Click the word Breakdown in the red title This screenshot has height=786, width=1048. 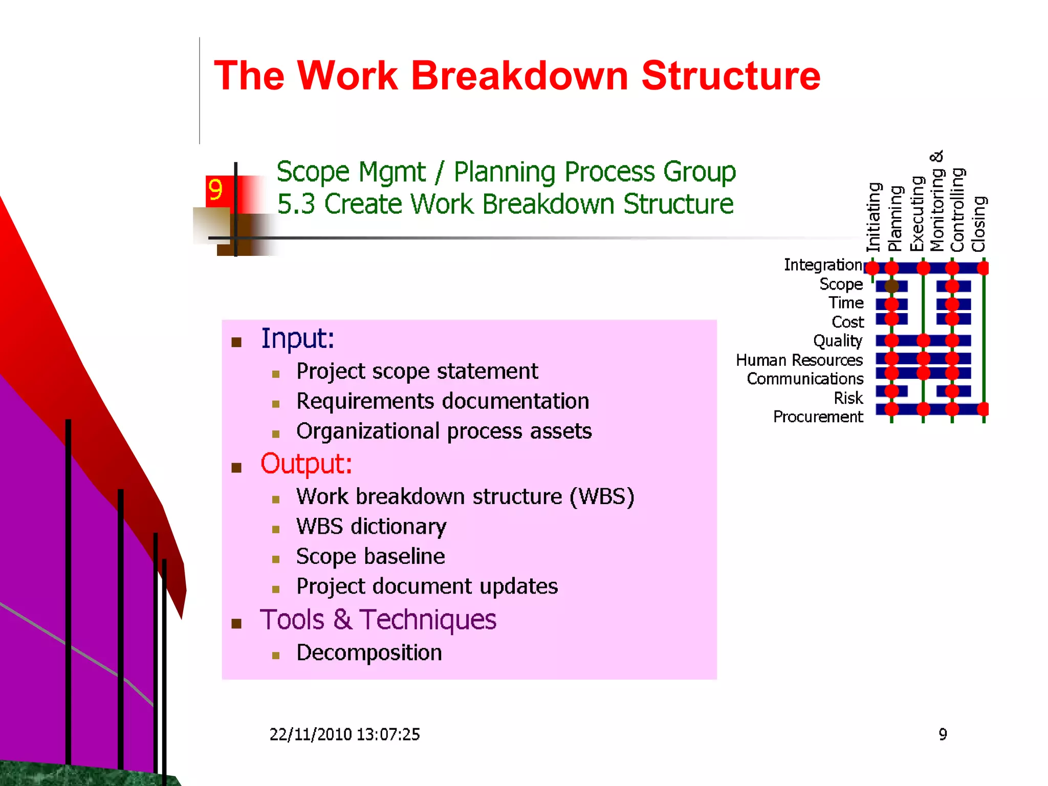pyautogui.click(x=519, y=76)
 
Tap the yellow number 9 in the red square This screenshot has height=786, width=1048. pyautogui.click(x=215, y=190)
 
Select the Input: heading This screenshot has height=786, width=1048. pyautogui.click(x=297, y=338)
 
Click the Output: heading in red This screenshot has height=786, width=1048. pyautogui.click(x=306, y=464)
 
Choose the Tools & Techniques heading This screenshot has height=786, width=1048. pyautogui.click(x=378, y=620)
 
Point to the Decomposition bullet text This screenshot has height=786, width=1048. pyautogui.click(x=369, y=653)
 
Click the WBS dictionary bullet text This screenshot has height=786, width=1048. pyautogui.click(x=371, y=527)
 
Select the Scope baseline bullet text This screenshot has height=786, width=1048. pyautogui.click(x=370, y=556)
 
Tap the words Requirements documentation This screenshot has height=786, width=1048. pyautogui.click(x=443, y=401)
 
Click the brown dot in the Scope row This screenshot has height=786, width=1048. pyautogui.click(x=891, y=286)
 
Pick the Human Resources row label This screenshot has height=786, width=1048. pyautogui.click(x=799, y=360)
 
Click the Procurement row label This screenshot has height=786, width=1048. pyautogui.click(x=818, y=417)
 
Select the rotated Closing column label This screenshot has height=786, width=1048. pyautogui.click(x=978, y=224)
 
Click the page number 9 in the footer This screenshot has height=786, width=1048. pyautogui.click(x=943, y=734)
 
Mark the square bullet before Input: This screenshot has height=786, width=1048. pyautogui.click(x=236, y=342)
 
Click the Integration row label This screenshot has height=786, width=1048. pyautogui.click(x=823, y=265)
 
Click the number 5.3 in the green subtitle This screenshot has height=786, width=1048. pyautogui.click(x=296, y=204)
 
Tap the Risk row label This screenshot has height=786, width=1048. pyautogui.click(x=848, y=398)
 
